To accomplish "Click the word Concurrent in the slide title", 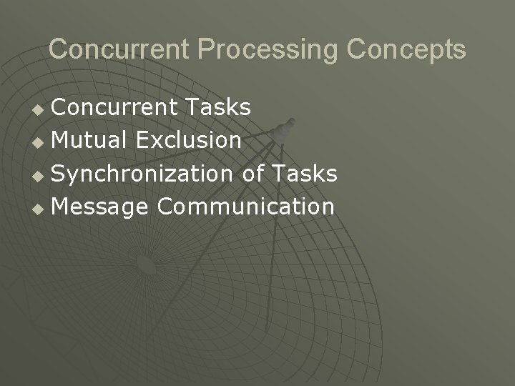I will (119, 49).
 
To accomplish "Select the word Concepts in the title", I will (407, 49).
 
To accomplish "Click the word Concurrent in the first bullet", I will (114, 108).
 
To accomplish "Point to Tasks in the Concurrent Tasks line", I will (217, 108).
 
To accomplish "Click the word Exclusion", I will (188, 141).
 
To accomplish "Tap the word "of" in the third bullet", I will (254, 174).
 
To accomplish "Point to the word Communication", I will (245, 207).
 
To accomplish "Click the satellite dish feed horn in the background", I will (282, 129).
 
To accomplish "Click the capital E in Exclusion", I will (142, 141).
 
